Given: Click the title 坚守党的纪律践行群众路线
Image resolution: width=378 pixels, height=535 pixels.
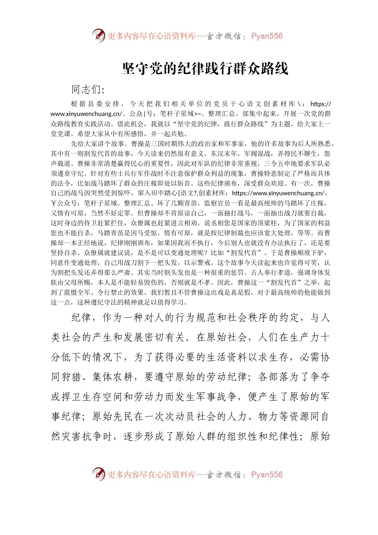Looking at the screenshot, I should point(205,69).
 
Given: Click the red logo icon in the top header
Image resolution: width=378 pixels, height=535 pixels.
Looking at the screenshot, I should point(98,36).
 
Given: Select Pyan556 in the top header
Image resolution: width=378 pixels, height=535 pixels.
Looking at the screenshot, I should point(267,36).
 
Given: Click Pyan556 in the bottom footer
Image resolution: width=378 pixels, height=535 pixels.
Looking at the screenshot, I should point(267,475).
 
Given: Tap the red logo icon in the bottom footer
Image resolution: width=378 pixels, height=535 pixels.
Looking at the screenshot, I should point(98,474).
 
